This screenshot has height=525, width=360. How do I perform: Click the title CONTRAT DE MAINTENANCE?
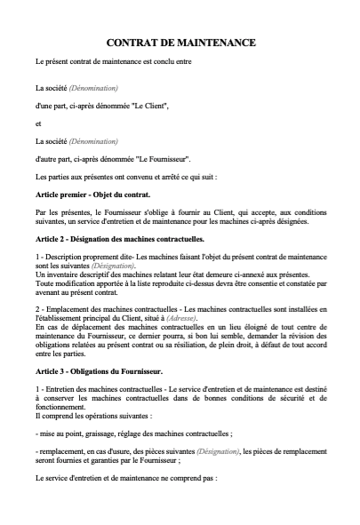(x=180, y=43)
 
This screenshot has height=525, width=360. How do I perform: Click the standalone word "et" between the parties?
(x=38, y=123)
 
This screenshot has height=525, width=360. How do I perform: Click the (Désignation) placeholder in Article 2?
(x=110, y=266)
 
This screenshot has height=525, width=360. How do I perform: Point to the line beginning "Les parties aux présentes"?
(x=124, y=176)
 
